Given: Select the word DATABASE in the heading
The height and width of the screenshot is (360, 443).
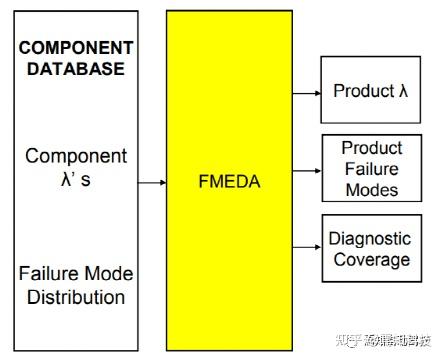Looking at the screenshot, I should [76, 69].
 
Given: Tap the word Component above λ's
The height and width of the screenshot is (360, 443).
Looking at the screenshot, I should [76, 156].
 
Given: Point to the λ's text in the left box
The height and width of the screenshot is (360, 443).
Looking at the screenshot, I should [76, 180].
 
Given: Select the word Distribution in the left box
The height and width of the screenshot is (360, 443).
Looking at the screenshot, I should [76, 297].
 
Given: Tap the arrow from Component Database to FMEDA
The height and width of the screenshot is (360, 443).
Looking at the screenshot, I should [151, 183].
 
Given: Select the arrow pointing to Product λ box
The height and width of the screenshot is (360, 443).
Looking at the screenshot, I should [305, 91].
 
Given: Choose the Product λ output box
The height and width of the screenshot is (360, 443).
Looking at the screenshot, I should [371, 90].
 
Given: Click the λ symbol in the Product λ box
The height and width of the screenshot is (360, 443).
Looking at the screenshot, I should [403, 91].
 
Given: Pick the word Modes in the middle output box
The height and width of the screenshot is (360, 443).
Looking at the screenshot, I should [371, 190].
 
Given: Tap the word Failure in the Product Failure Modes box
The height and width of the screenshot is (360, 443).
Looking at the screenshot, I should [371, 169].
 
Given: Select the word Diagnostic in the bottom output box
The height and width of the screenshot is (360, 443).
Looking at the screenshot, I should [370, 239].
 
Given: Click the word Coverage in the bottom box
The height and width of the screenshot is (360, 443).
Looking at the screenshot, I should [370, 260].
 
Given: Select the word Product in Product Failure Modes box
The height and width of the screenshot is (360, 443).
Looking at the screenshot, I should [371, 148].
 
